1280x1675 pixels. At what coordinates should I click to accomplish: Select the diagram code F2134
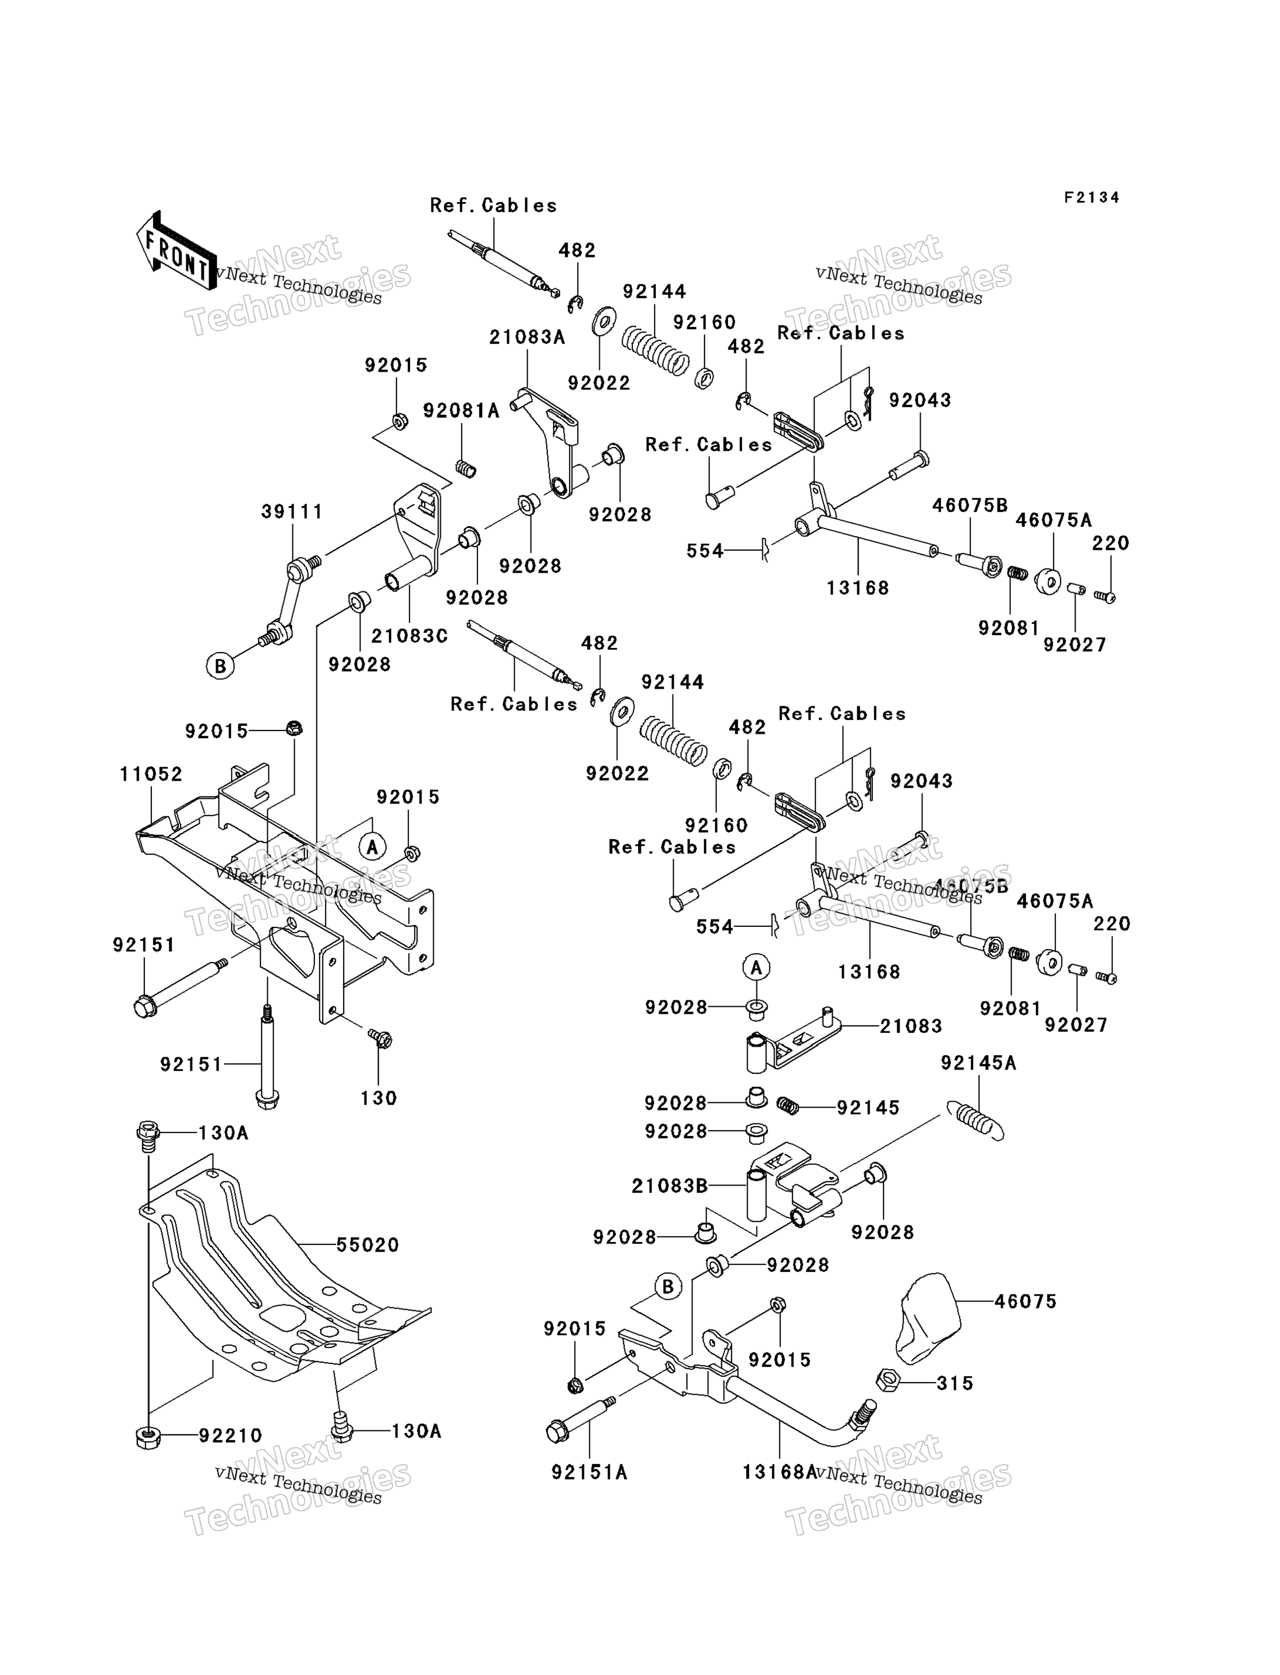pyautogui.click(x=1092, y=198)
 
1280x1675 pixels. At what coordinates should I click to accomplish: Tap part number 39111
pyautogui.click(x=292, y=512)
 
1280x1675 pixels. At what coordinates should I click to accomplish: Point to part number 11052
pyautogui.click(x=151, y=774)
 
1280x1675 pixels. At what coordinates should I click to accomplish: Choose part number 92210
pyautogui.click(x=231, y=1436)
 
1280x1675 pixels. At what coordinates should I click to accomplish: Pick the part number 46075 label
pyautogui.click(x=1026, y=1302)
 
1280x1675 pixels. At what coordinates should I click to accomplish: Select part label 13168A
pyautogui.click(x=779, y=1472)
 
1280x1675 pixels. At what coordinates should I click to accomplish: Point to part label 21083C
pyautogui.click(x=409, y=636)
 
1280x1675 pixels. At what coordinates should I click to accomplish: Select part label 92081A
pyautogui.click(x=461, y=411)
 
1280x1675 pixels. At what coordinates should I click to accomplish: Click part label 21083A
pyautogui.click(x=527, y=337)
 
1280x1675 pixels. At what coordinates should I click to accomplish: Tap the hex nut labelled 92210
pyautogui.click(x=148, y=1437)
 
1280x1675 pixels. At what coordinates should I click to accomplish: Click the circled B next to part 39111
pyautogui.click(x=220, y=666)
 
